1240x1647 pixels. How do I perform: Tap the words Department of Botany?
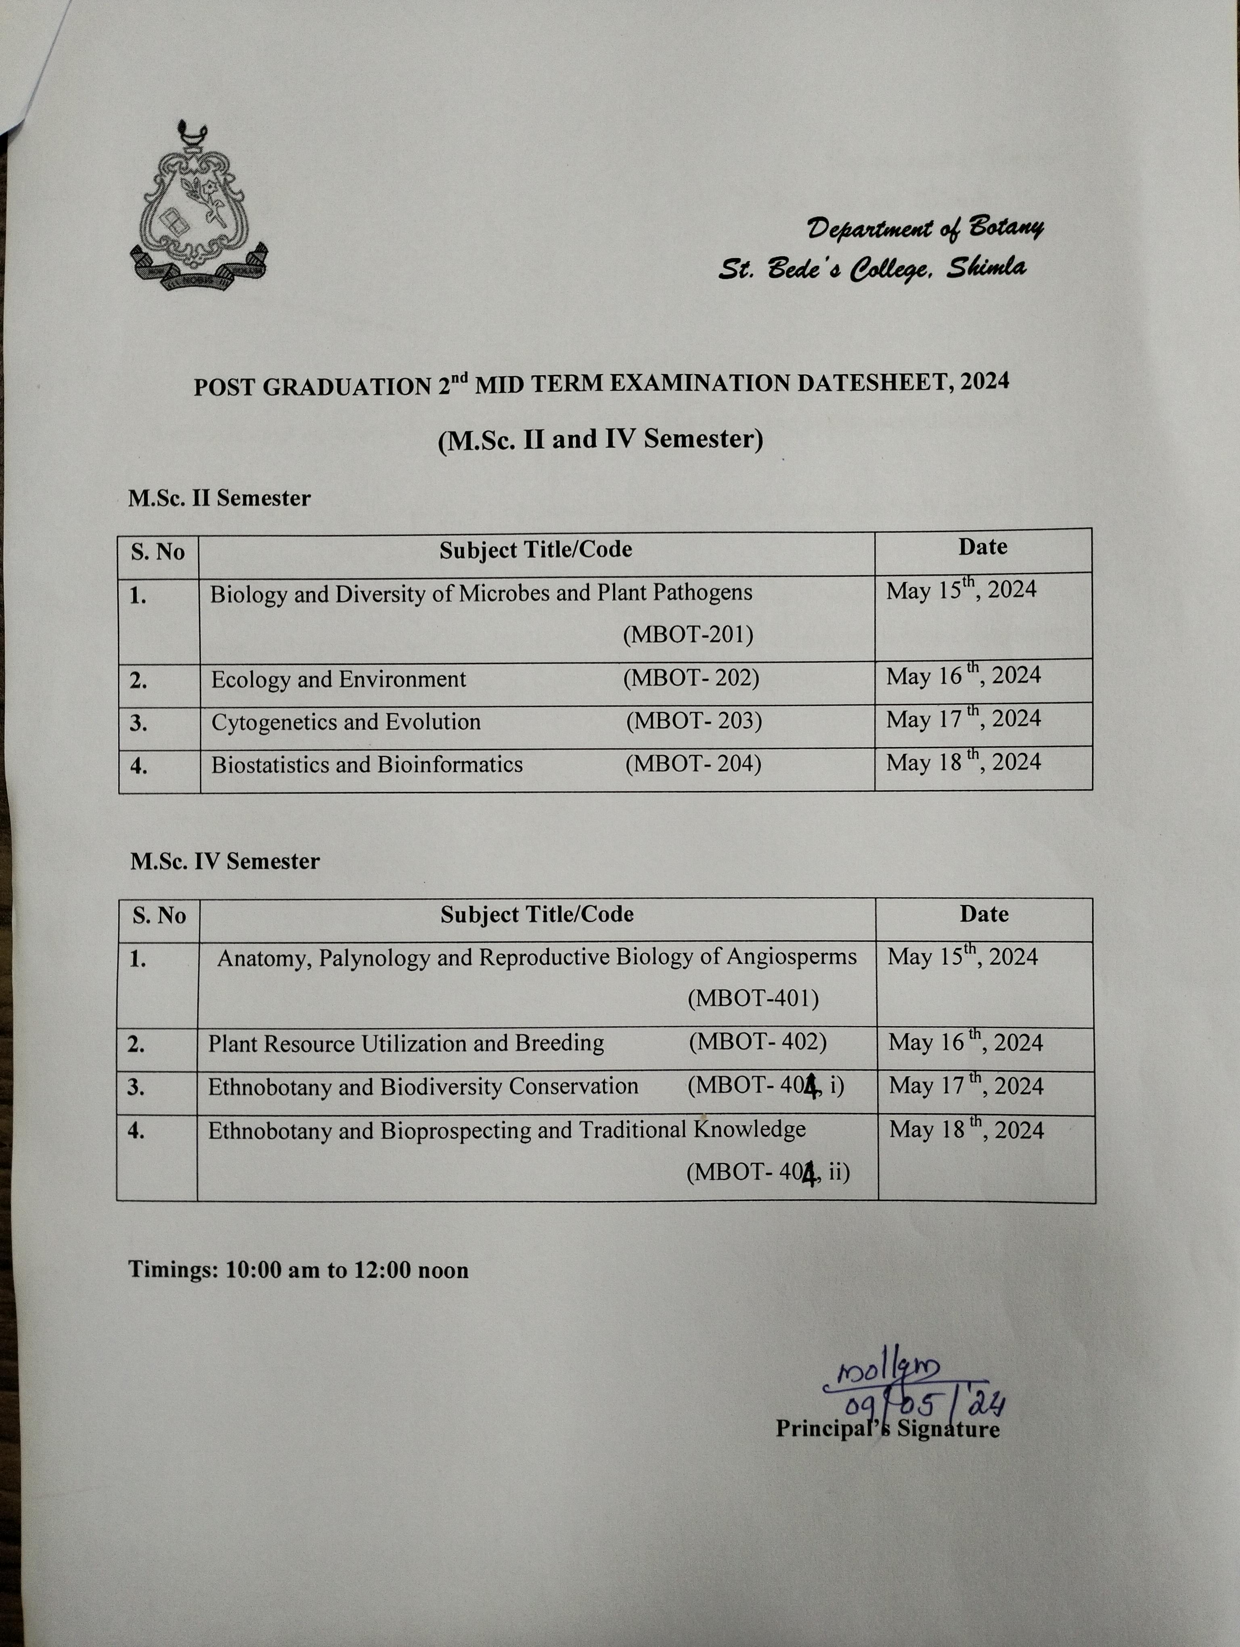pos(925,228)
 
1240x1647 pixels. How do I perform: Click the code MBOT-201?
pos(688,635)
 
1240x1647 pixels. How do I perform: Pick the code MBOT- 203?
pos(694,721)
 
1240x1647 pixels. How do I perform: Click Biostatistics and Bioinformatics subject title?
pos(367,765)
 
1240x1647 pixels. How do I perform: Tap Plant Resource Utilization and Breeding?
pos(406,1043)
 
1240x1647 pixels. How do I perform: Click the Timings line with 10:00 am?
pos(298,1270)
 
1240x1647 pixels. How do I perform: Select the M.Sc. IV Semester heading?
pos(225,861)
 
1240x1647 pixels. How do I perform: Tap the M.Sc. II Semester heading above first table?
pos(219,498)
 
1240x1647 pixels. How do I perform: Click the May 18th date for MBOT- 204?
pos(963,763)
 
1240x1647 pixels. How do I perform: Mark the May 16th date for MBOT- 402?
pos(966,1042)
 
